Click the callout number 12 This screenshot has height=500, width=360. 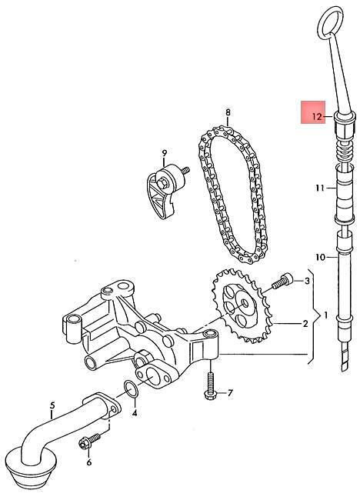tap(317, 117)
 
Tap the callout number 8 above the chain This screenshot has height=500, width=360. tap(228, 112)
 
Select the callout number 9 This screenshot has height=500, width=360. tap(164, 153)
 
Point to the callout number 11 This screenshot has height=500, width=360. tap(320, 188)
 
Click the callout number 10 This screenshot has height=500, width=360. tap(321, 257)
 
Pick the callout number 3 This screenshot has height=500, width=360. tap(307, 281)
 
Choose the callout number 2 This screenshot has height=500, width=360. tap(305, 324)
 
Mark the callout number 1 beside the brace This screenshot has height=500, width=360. tap(325, 315)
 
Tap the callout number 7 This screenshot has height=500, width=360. tap(230, 393)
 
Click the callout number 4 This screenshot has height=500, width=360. tap(135, 414)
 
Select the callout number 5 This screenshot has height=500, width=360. tap(52, 405)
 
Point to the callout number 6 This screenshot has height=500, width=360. tap(89, 462)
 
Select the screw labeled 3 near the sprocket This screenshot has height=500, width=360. tap(282, 281)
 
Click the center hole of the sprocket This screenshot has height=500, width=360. tap(245, 303)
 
